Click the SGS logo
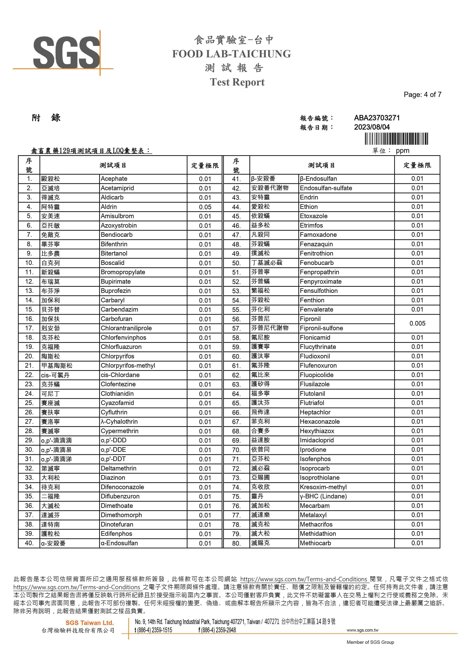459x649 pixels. pos(66,52)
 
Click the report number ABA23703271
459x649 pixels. pos(377,118)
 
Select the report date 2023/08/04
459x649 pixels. pos(372,127)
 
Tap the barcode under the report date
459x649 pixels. pos(396,139)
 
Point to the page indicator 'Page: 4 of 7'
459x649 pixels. pos(422,95)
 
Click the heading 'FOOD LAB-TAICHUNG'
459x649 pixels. pos(231,54)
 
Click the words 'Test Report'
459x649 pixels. pos(237,82)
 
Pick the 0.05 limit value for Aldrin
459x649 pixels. pos(205,207)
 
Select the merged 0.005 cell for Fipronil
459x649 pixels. pos(417,323)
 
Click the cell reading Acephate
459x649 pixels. pos(114,179)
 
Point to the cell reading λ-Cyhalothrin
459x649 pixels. pos(119,421)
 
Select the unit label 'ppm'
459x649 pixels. pos(402,151)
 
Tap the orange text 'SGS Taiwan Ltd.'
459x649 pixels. pos(90,623)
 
